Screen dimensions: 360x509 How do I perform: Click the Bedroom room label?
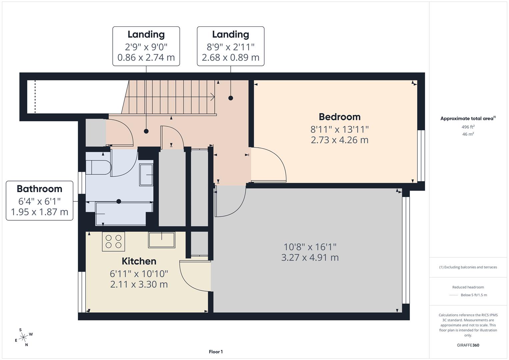339,117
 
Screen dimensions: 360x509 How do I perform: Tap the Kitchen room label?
139,261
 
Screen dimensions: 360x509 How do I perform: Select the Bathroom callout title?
39,189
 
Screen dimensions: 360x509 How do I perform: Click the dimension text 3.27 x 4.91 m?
310,258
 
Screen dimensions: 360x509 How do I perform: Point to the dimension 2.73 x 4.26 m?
339,140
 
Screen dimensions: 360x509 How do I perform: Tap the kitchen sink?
162,240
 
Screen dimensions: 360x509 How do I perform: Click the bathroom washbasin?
146,174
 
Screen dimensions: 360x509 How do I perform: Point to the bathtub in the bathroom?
121,214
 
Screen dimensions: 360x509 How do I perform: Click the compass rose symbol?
23,337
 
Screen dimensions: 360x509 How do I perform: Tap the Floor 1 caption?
216,352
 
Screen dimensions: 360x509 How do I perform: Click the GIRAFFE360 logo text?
468,345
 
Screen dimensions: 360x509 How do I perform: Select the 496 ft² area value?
468,127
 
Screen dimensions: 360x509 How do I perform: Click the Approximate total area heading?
468,118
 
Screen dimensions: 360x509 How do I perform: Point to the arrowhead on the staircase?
212,97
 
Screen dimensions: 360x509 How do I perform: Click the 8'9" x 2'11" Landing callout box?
230,46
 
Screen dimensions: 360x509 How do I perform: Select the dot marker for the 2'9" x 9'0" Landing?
146,131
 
